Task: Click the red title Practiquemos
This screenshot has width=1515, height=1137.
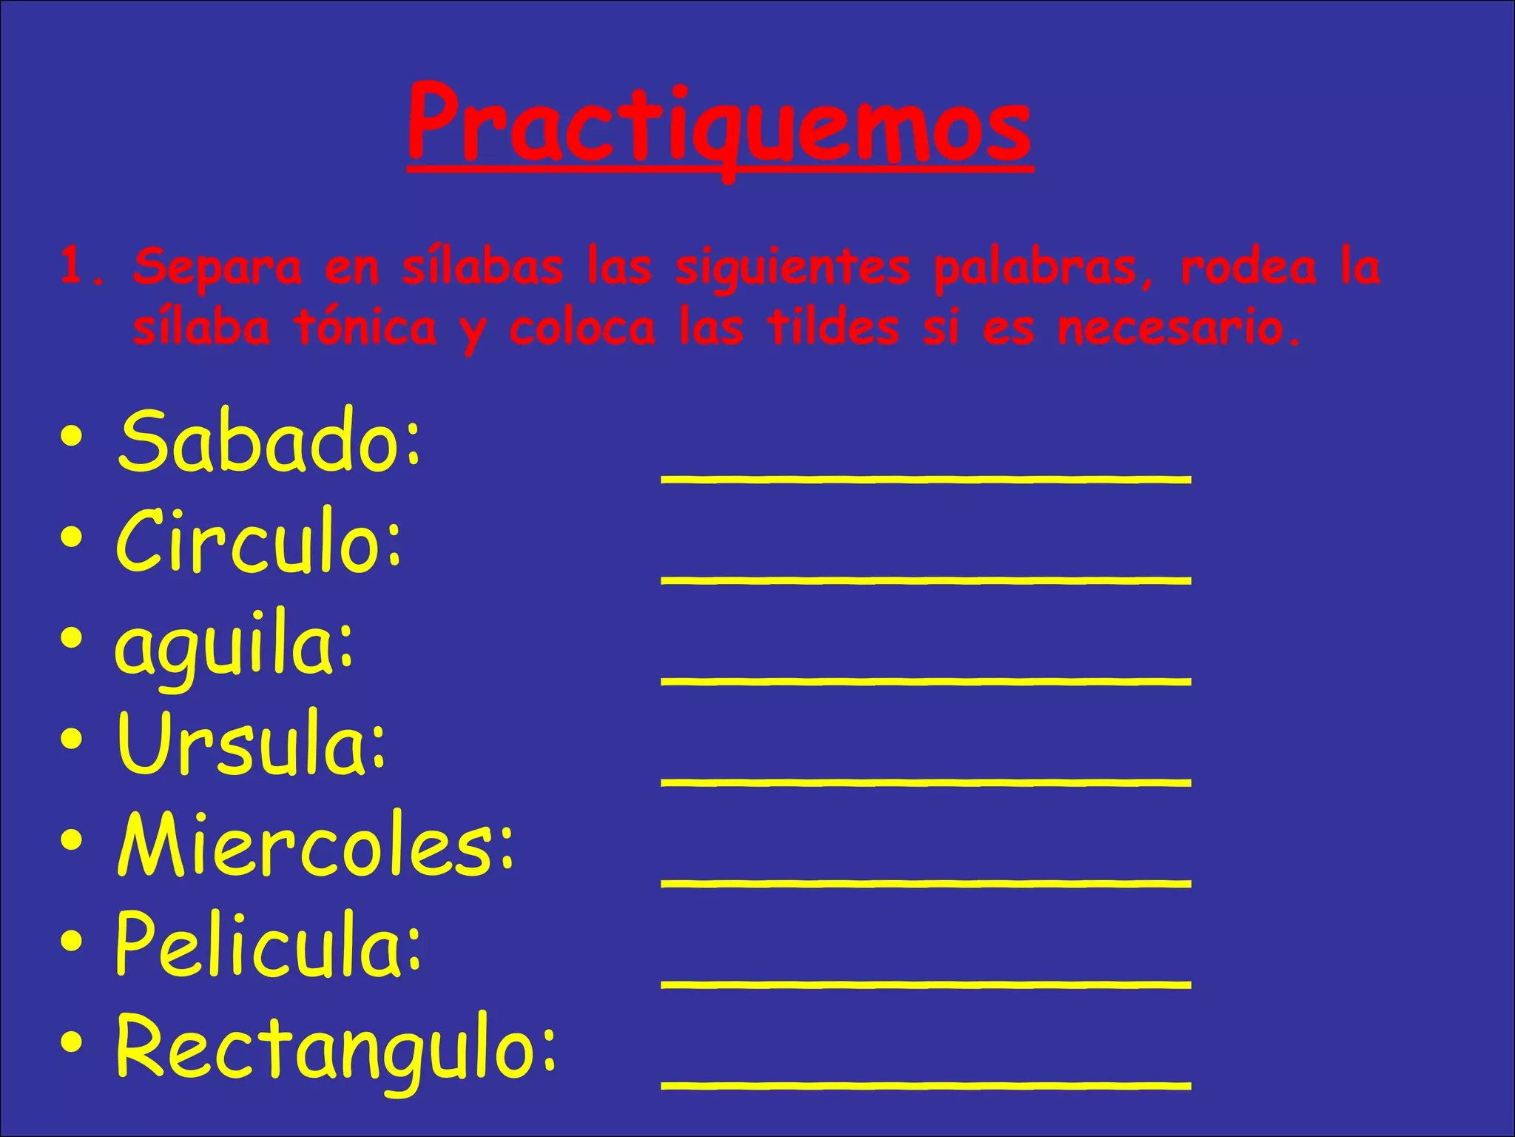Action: point(719,126)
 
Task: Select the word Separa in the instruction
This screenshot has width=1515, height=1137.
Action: point(217,268)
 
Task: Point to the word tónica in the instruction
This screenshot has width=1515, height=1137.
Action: point(365,329)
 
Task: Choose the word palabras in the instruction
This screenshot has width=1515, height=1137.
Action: point(1033,268)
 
